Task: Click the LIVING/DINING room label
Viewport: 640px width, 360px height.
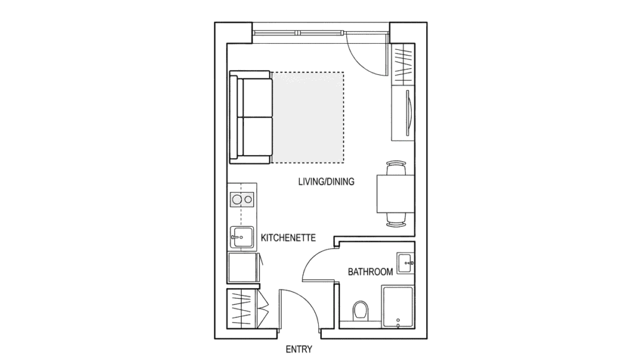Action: (326, 182)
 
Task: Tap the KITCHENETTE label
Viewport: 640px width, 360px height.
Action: (287, 237)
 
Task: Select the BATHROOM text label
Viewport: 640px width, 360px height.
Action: (371, 272)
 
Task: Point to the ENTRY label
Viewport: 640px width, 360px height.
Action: (298, 349)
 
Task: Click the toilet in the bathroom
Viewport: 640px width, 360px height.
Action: (361, 310)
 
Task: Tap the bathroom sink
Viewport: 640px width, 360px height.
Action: (406, 261)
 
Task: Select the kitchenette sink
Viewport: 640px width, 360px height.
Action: (241, 236)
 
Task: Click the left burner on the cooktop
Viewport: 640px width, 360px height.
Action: (236, 200)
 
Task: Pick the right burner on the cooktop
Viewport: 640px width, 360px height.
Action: (249, 200)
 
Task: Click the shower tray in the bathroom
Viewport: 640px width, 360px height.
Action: (397, 307)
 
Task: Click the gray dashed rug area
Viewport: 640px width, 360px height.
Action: (307, 116)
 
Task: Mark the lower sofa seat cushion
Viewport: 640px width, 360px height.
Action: (255, 137)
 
